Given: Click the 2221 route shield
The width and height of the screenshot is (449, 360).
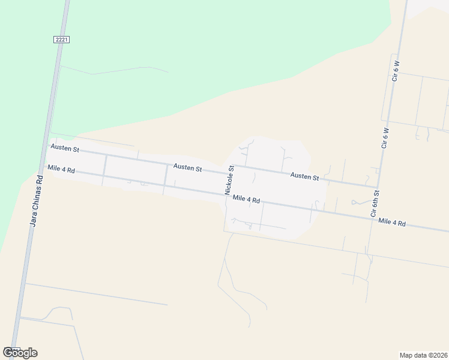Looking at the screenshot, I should tap(61, 40).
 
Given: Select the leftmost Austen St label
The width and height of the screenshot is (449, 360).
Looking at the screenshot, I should tap(65, 148).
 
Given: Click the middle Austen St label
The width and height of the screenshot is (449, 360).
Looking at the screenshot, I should tap(187, 167).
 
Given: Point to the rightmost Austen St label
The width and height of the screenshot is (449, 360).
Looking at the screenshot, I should tap(304, 176).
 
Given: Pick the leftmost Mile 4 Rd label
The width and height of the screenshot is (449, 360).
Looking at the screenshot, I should tap(62, 170).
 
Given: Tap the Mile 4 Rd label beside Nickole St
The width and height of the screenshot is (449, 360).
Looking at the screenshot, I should tap(246, 199).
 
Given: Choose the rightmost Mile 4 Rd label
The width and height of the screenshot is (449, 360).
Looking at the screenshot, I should tap(392, 223).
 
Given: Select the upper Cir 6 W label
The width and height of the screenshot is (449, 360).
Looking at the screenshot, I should tap(396, 71).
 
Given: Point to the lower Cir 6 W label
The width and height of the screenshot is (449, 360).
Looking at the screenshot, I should tap(385, 137).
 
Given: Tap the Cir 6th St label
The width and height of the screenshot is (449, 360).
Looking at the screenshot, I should tap(375, 203).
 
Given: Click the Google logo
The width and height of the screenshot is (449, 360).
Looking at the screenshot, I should tap(20, 353).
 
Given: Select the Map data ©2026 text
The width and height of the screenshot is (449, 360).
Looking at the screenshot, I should tap(424, 355).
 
